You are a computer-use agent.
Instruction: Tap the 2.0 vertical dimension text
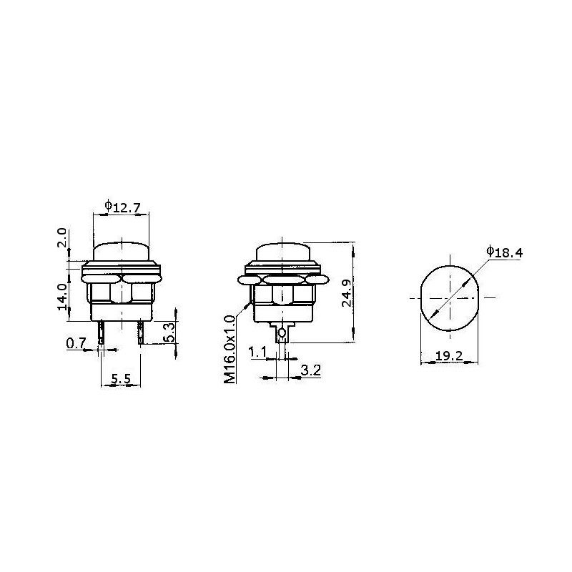62,238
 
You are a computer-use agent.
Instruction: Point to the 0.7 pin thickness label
76,344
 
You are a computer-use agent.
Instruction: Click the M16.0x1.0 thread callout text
230,350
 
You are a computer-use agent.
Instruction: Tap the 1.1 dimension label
258,352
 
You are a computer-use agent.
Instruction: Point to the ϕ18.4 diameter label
504,251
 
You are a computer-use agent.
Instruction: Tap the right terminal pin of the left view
142,332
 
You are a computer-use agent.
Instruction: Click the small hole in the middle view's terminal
284,333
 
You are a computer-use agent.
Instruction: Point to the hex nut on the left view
122,292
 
